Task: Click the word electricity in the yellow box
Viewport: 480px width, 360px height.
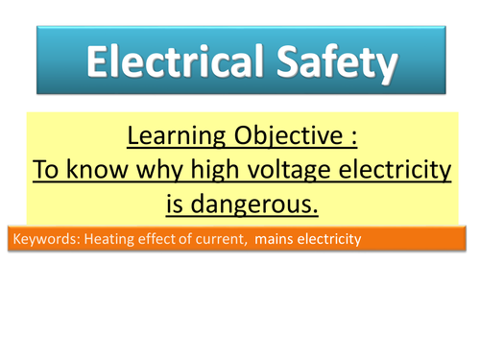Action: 394,172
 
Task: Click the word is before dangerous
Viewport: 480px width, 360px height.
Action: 178,206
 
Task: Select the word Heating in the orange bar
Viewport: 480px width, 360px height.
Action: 105,239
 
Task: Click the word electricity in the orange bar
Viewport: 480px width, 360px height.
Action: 327,239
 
